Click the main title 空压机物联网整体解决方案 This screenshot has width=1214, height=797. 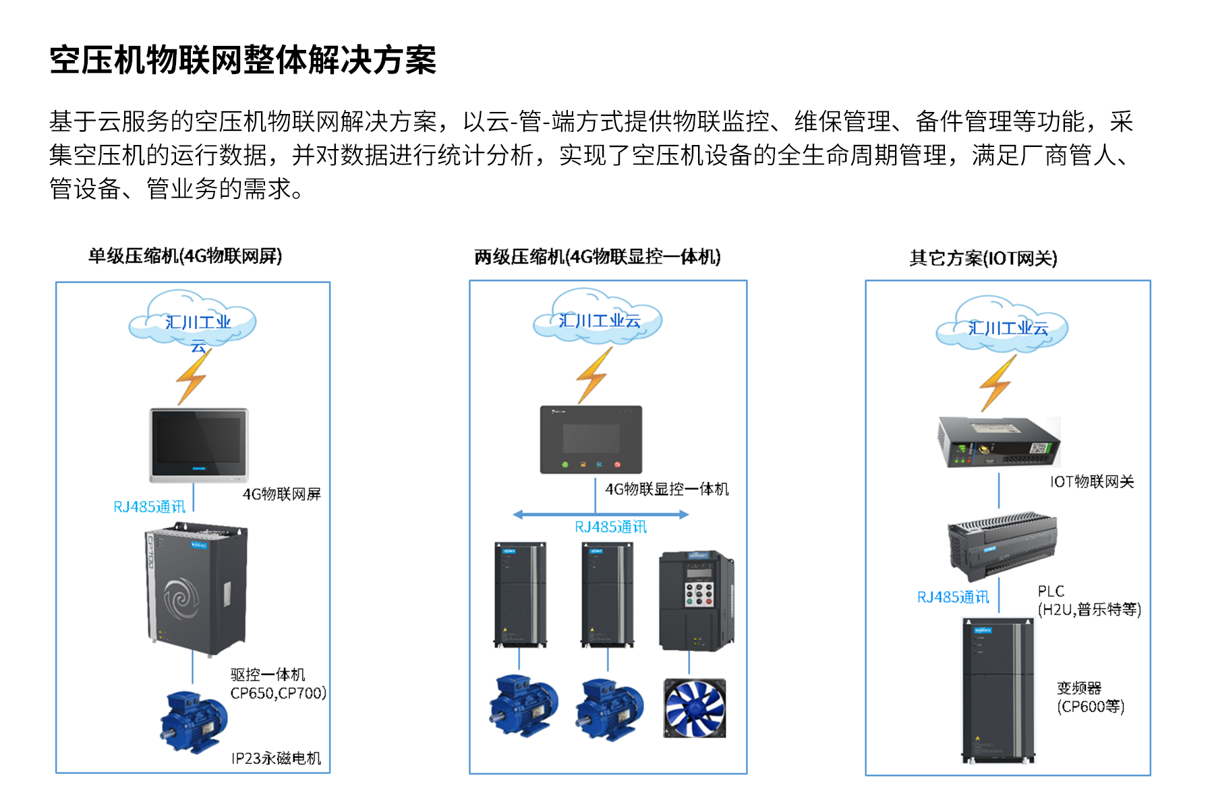pos(243,61)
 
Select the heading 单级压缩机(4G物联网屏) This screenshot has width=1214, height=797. pos(185,256)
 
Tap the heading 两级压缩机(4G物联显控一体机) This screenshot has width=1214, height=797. pos(598,257)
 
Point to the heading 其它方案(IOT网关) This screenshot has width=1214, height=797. pos(983,258)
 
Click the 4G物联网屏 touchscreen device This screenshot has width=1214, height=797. pos(199,444)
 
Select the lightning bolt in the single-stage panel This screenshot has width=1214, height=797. pos(193,378)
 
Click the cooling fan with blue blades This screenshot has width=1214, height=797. pos(695,708)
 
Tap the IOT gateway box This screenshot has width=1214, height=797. pos(998,442)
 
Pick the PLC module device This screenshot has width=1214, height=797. pos(1002,545)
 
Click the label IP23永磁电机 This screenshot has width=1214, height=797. pos(277,759)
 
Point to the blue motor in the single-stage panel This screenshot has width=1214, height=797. pos(194,721)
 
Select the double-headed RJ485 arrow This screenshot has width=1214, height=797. pos(600,514)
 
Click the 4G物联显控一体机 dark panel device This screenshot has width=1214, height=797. pos(591,440)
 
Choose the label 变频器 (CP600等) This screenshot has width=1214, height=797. pos(1090,697)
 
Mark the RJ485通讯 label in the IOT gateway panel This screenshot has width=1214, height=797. pos(953,597)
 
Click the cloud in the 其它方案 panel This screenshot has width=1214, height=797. pos(1002,325)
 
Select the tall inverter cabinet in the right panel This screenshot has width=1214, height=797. pos(998,690)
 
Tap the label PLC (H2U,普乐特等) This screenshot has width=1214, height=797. pos(1089,601)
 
